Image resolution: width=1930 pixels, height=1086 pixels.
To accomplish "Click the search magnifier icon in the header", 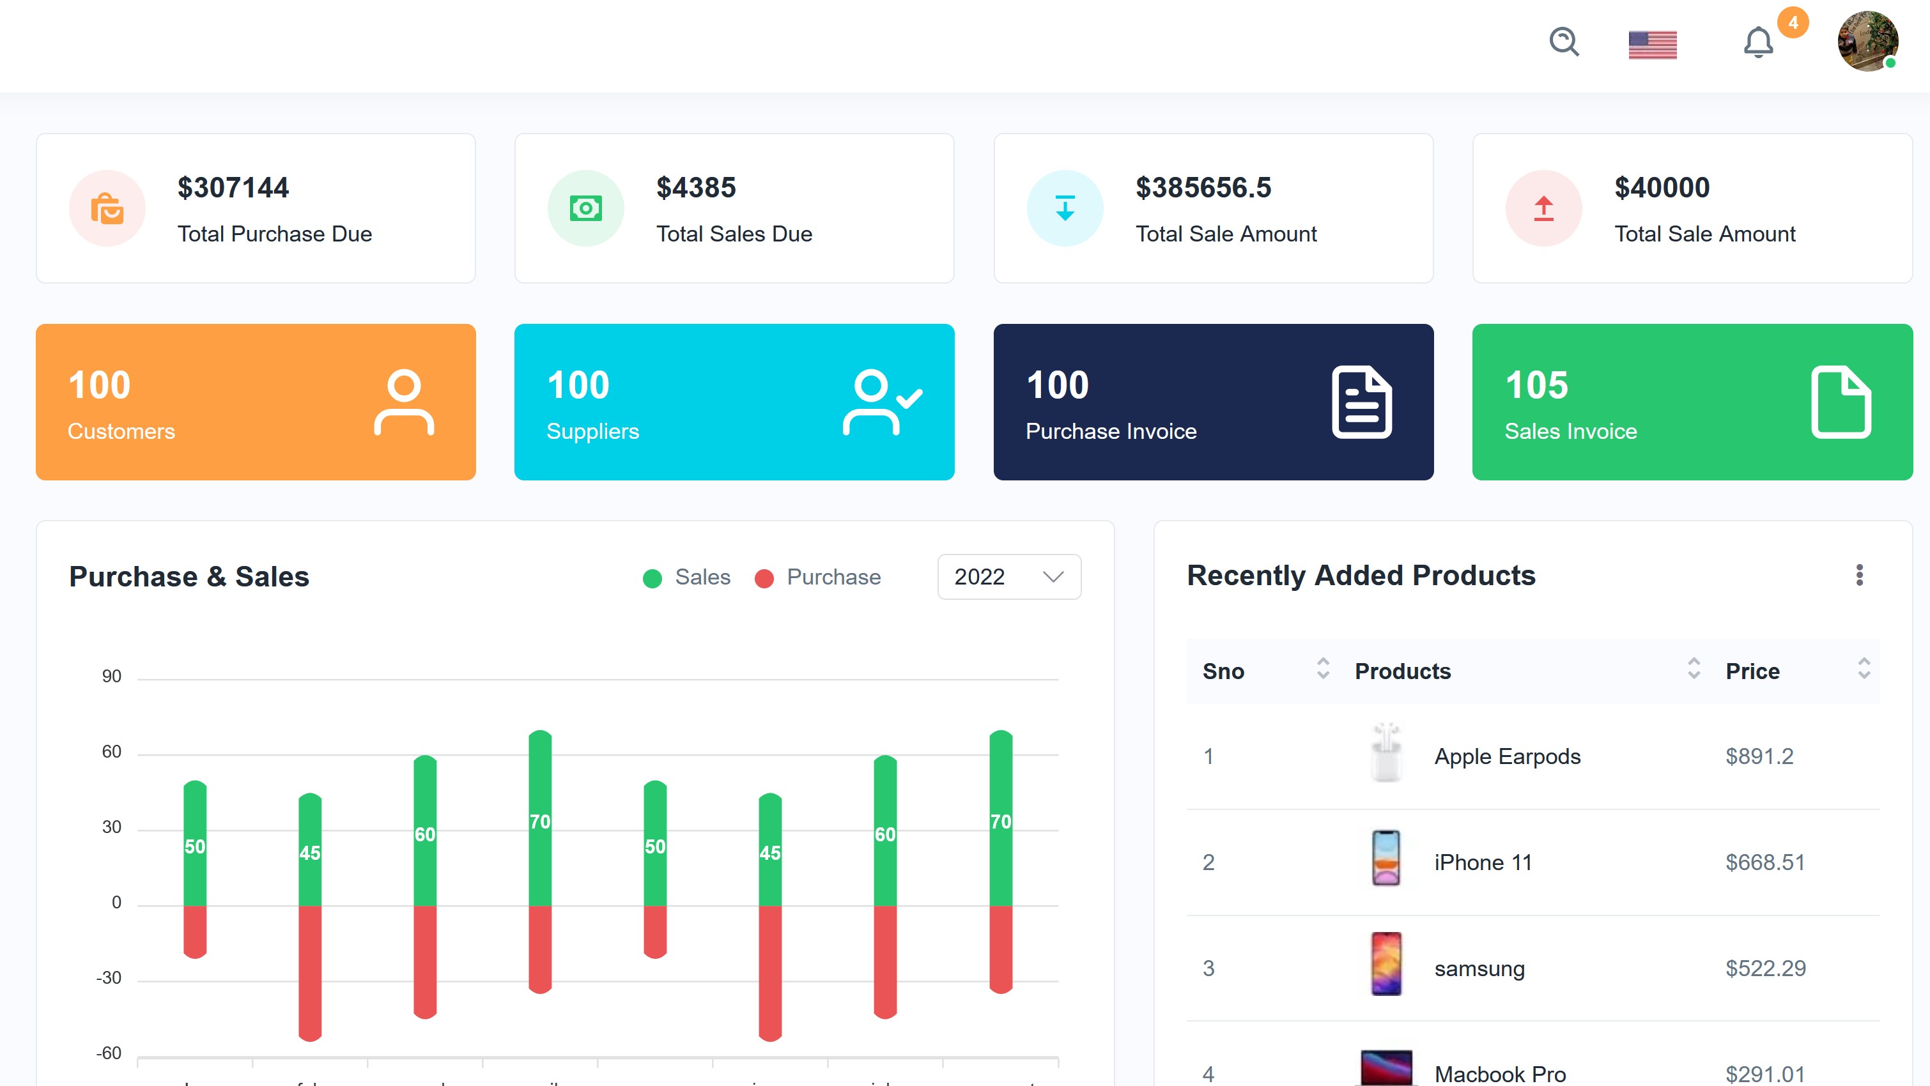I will pyautogui.click(x=1564, y=42).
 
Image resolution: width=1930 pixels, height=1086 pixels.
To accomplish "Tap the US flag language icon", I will pyautogui.click(x=1652, y=45).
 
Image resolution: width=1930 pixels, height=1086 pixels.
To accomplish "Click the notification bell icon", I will pyautogui.click(x=1757, y=43).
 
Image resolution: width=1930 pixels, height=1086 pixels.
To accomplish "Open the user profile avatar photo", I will pyautogui.click(x=1867, y=41).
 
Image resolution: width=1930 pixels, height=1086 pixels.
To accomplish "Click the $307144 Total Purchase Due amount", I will pyautogui.click(x=233, y=187).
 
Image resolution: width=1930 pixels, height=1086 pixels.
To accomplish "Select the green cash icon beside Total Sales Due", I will pyautogui.click(x=585, y=208).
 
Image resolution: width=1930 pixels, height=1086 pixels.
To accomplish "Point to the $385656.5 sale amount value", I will pyautogui.click(x=1203, y=187).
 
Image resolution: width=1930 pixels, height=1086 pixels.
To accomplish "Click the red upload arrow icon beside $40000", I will pyautogui.click(x=1543, y=208).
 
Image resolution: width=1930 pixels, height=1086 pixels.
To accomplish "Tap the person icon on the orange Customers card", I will pyautogui.click(x=404, y=402).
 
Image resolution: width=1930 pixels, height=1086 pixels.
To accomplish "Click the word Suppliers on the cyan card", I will pyautogui.click(x=592, y=431).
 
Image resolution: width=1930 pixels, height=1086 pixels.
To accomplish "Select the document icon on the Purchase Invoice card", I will pyautogui.click(x=1361, y=402).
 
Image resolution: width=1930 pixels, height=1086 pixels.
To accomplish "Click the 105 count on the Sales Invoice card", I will pyautogui.click(x=1536, y=386).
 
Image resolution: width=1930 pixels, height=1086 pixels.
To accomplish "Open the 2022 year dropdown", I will pyautogui.click(x=1008, y=577).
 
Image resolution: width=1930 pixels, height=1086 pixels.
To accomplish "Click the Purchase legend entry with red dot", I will pyautogui.click(x=818, y=577).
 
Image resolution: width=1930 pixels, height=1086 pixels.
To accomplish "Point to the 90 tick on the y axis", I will pyautogui.click(x=112, y=677).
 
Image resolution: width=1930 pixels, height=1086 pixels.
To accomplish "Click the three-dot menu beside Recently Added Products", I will pyautogui.click(x=1859, y=575).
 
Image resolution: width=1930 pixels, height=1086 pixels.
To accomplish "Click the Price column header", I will pyautogui.click(x=1752, y=671).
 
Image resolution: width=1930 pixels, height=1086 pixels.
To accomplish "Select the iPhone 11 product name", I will pyautogui.click(x=1483, y=863).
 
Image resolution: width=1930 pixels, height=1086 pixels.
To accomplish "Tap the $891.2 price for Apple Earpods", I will pyautogui.click(x=1759, y=756).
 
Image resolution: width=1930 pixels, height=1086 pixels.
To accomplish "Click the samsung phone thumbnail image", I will pyautogui.click(x=1386, y=964).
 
